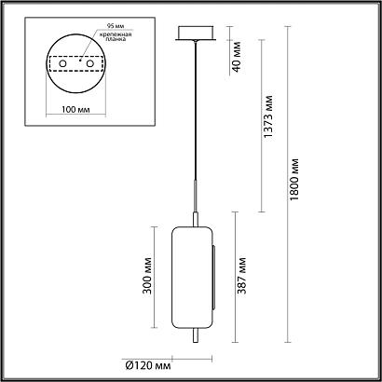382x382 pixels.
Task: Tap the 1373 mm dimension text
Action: (270, 118)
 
